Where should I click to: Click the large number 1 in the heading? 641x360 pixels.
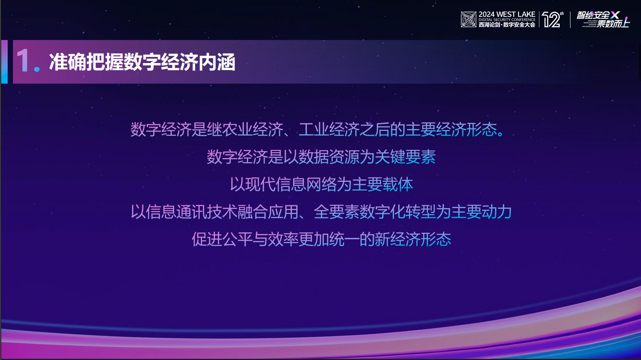(23, 61)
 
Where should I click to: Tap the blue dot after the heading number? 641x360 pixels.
(37, 69)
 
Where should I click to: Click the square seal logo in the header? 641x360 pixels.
(468, 19)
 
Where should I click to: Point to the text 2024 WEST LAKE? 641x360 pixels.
(507, 15)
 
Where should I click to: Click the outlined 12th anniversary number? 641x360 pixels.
(551, 20)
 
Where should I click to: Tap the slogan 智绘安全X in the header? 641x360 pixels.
(598, 15)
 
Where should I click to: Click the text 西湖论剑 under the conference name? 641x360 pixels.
(489, 25)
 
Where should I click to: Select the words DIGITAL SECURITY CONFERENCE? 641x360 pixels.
(507, 20)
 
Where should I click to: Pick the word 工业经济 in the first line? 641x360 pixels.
(329, 130)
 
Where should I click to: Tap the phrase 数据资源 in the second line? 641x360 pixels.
(329, 157)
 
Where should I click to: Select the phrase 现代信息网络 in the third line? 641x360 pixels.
(291, 185)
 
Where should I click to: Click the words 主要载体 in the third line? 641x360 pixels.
(382, 185)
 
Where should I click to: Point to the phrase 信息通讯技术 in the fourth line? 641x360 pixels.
(192, 212)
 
